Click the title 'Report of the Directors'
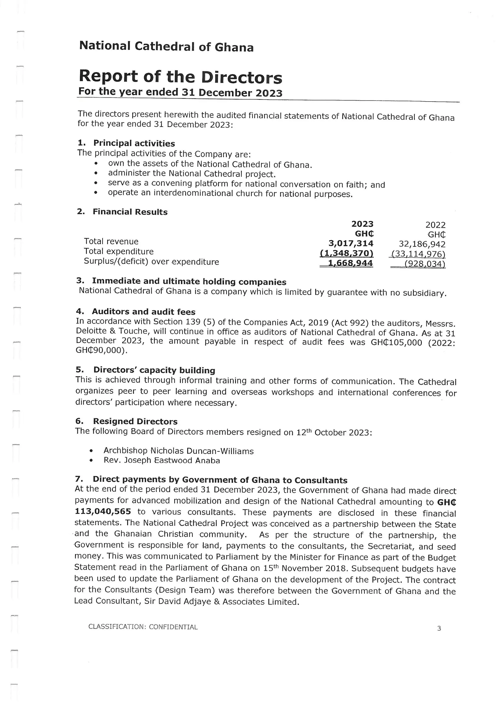pos(180,77)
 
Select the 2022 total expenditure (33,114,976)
pos(418,254)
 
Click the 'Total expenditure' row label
pos(119,251)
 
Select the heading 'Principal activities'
pos(134,143)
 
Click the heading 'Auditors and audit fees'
pos(143,312)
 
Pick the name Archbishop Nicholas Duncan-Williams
pos(178,451)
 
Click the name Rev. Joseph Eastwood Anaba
pos(162,461)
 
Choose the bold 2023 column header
pos(362,224)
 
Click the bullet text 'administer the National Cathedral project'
pos(191,174)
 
